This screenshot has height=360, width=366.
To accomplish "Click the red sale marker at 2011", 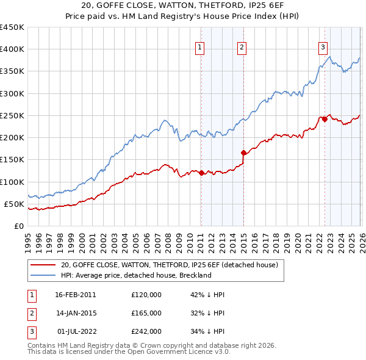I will pyautogui.click(x=201, y=173).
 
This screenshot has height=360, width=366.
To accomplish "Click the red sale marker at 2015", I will pyautogui.click(x=243, y=153).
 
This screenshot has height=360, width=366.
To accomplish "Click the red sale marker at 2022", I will pyautogui.click(x=325, y=119).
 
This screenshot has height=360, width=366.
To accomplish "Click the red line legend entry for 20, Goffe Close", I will pyautogui.click(x=169, y=265).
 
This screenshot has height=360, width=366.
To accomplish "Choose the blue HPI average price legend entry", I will pyautogui.click(x=135, y=275).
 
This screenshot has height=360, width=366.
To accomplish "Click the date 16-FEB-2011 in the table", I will pyautogui.click(x=75, y=294).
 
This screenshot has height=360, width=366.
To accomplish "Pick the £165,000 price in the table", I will pyautogui.click(x=146, y=313).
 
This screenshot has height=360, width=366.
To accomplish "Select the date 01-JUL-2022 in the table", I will pyautogui.click(x=75, y=331).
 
